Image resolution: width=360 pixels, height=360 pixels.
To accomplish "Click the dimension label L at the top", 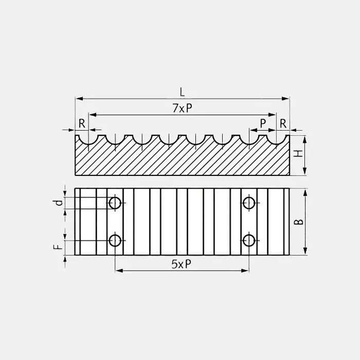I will [x=182, y=92].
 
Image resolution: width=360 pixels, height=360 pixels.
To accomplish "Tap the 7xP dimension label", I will [x=182, y=108].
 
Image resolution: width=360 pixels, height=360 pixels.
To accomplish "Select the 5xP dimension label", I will [x=182, y=264].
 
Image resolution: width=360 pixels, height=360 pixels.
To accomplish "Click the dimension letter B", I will [x=299, y=222].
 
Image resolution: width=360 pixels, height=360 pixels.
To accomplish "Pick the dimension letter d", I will [x=60, y=203].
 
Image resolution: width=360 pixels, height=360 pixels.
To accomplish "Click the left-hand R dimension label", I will [x=82, y=123].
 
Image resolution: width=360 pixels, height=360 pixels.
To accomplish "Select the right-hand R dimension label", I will [x=283, y=123].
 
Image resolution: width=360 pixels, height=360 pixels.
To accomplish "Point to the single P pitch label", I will [x=263, y=123].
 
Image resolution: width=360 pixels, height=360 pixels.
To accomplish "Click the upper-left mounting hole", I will [x=115, y=203].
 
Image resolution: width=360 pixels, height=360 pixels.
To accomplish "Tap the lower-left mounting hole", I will [x=115, y=240].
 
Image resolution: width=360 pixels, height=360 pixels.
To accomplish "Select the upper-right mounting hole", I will [x=249, y=203].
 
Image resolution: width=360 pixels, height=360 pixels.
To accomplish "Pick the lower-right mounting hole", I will [x=249, y=240].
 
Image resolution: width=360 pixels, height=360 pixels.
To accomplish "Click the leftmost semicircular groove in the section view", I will [x=88, y=139].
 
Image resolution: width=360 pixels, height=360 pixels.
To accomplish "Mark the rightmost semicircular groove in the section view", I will [x=276, y=139].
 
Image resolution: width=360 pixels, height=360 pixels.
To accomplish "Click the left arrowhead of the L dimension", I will [x=78, y=98].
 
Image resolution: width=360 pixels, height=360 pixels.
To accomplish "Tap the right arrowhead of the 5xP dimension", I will [x=246, y=270].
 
